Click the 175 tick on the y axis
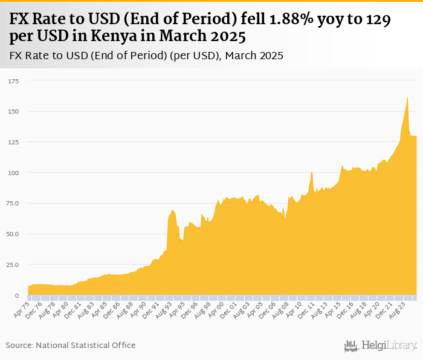(13, 80)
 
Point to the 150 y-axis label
(13, 111)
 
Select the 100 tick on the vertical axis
(13, 173)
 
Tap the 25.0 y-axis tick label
(12, 265)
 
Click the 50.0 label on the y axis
(12, 234)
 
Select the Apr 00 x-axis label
(217, 307)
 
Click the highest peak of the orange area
(408, 98)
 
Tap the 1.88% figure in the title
(284, 19)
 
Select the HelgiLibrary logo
(381, 346)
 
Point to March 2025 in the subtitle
(253, 56)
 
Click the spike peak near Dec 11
(312, 173)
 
